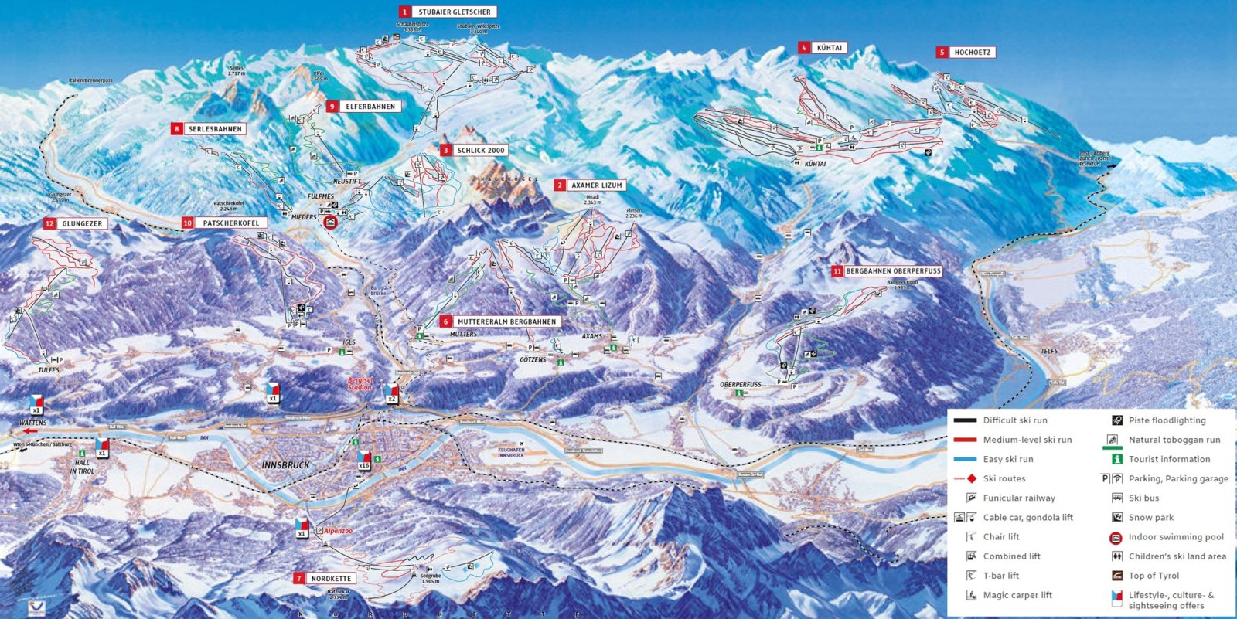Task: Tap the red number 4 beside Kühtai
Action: pos(804,48)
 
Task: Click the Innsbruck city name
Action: pos(285,465)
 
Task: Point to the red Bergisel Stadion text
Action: pos(360,384)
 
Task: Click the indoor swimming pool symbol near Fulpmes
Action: pos(331,223)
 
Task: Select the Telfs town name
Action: pos(1048,351)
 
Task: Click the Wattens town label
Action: pos(33,423)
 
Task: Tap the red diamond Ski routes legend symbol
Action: pos(972,478)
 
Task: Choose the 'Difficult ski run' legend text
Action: pos(1015,420)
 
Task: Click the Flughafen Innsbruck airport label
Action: pos(511,452)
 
